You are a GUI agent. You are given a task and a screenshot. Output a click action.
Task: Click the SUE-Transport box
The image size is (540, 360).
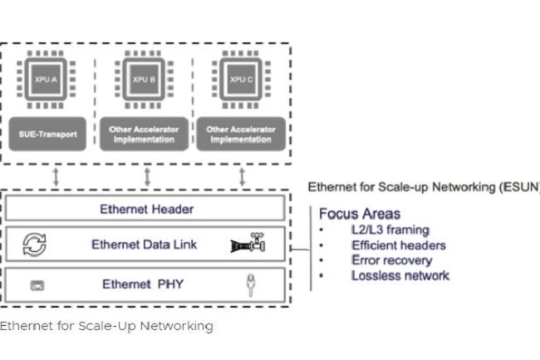[x=49, y=133]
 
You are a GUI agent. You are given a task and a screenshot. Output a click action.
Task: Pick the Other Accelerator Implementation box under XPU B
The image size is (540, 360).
[x=145, y=133]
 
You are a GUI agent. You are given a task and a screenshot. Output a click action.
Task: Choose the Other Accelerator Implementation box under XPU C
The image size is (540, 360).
[x=240, y=133]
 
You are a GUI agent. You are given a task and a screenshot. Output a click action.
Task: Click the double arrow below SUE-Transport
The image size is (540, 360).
[x=53, y=176]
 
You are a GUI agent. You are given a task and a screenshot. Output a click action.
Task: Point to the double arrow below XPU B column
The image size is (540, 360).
[x=147, y=176]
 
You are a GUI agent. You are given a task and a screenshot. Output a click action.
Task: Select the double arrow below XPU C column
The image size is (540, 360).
[x=242, y=176]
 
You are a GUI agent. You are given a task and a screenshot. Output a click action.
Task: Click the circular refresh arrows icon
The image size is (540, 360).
[x=34, y=244]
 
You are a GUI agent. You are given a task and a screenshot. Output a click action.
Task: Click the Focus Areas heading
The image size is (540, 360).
[x=359, y=214]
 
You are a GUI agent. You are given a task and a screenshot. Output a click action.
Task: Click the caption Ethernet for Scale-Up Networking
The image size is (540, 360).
[x=106, y=326]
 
